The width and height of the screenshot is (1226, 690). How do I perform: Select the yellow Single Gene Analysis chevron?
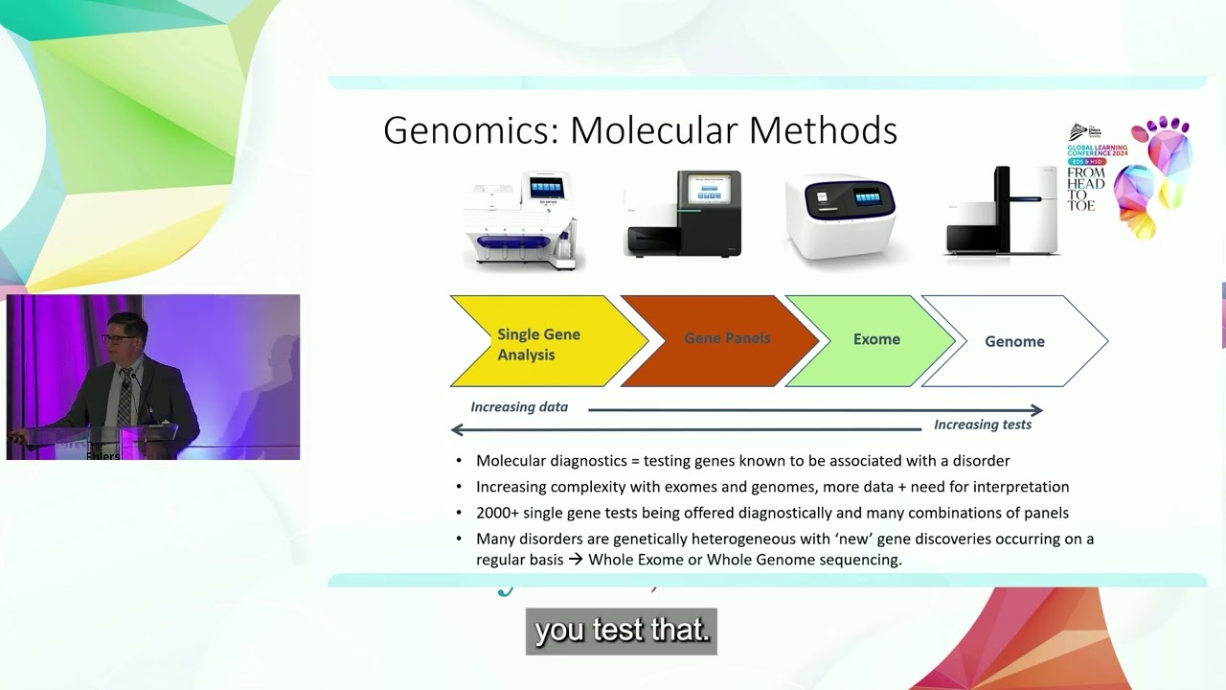[537, 343]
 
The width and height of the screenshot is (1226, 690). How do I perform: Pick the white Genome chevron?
[1014, 341]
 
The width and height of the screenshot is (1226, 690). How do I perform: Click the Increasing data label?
[519, 407]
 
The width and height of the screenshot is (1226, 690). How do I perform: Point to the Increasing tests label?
[983, 425]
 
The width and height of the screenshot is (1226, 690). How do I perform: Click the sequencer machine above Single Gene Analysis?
[522, 220]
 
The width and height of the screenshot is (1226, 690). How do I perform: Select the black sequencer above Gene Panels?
[683, 215]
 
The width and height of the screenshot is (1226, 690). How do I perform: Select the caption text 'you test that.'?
[621, 631]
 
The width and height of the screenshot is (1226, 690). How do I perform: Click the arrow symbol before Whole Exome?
[576, 560]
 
